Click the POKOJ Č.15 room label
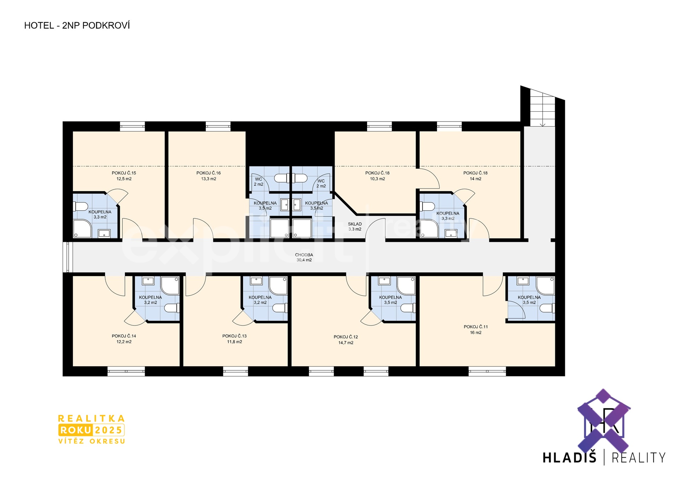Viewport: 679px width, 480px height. (124, 173)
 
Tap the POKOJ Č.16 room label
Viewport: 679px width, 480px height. (209, 173)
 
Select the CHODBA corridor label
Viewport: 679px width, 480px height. (304, 255)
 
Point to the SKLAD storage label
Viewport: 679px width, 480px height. (355, 224)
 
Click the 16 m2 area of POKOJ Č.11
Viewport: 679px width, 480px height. (476, 333)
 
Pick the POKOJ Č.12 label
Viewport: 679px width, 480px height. (346, 337)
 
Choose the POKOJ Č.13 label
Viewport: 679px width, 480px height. (234, 336)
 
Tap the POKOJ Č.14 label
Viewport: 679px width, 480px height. (124, 336)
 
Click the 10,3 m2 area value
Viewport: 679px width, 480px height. (377, 179)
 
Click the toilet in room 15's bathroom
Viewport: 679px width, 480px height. (80, 206)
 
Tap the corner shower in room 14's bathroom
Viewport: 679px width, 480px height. (170, 286)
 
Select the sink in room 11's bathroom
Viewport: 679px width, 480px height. (523, 281)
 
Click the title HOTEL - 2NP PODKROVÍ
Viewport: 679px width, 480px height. (77, 25)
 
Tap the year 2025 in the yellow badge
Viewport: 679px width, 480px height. (108, 430)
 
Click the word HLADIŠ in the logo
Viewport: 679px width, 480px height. (569, 458)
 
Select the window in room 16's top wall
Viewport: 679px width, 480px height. (218, 126)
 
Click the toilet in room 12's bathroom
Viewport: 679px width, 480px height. (408, 308)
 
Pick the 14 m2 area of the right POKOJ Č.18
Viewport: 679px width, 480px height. (476, 179)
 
